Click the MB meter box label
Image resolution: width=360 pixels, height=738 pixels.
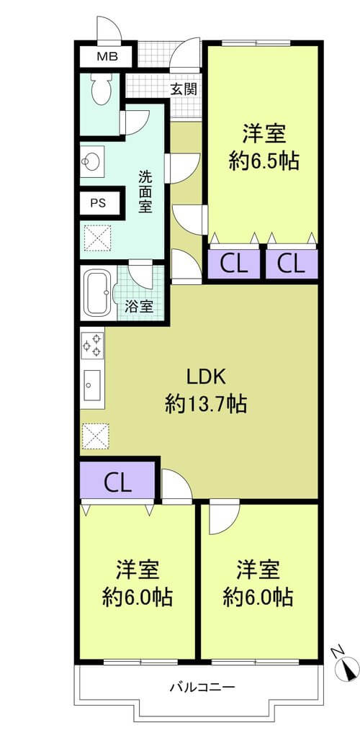point(107,58)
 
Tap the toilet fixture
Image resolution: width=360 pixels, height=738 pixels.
point(100,88)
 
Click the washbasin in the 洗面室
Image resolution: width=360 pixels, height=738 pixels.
point(92,161)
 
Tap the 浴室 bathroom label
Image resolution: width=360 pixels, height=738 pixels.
point(139,307)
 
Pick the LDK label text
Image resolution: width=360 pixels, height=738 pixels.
point(207,377)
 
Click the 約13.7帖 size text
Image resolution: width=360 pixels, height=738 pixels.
point(206,404)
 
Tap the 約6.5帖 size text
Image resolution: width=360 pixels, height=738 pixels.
point(264,161)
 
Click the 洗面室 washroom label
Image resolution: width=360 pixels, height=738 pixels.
point(145,192)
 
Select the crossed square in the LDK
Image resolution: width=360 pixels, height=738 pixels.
point(95,436)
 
